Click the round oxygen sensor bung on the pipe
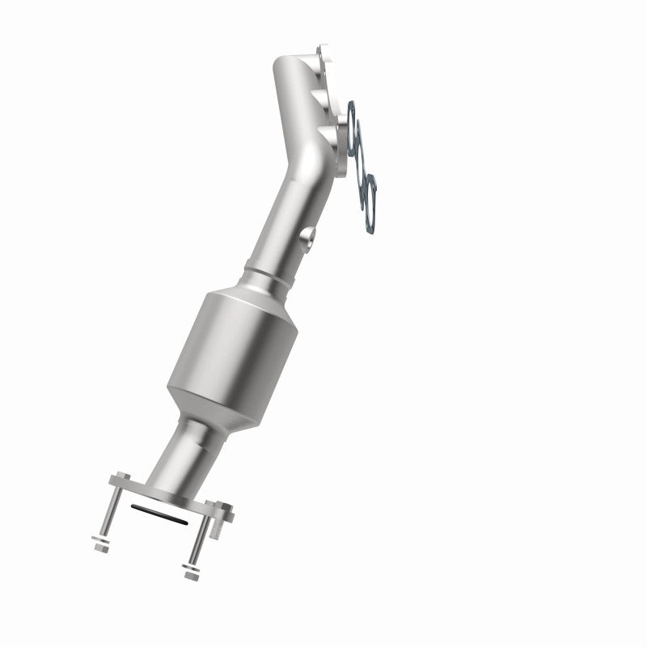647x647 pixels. pos(307,238)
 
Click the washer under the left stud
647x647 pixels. pos(103,539)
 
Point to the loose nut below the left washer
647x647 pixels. pos(99,548)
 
